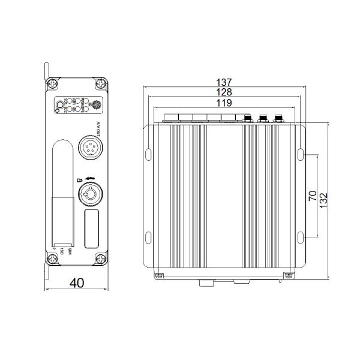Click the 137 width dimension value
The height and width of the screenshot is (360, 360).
point(226,82)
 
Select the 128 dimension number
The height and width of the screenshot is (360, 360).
point(226,92)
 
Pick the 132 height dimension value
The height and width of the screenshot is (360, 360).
point(323,200)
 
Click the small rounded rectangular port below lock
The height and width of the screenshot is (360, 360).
point(92,229)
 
